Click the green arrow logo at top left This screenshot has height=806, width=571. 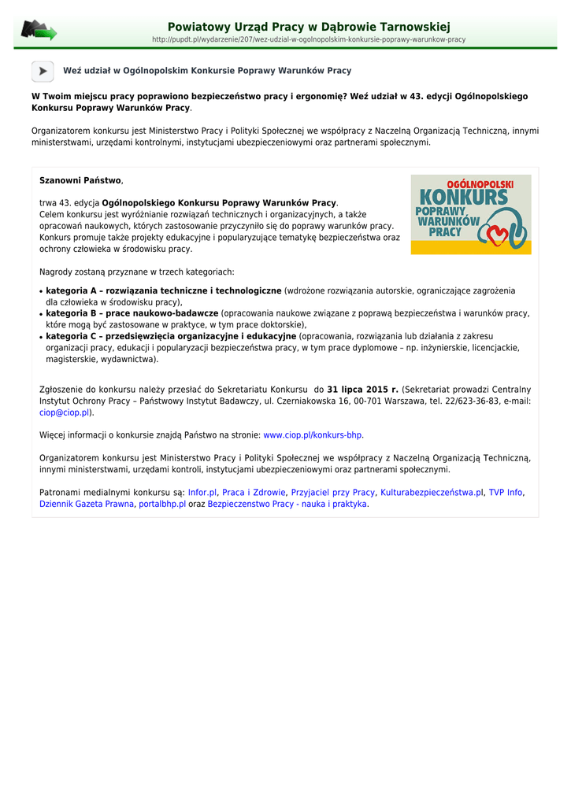point(39,31)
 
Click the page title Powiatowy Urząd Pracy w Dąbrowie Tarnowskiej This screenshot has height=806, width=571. point(309,28)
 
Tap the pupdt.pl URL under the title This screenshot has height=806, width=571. point(308,39)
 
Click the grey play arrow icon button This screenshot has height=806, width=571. point(43,71)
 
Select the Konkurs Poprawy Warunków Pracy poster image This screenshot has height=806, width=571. point(471,214)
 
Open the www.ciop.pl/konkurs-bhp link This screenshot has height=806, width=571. point(313,435)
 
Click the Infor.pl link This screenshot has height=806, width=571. point(202,493)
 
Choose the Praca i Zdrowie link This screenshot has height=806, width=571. point(254,493)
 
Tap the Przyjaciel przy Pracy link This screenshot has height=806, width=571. point(332,493)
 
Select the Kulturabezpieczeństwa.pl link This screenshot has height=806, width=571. point(432,493)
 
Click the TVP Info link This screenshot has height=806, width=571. point(506,493)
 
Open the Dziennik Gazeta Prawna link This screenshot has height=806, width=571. point(87,505)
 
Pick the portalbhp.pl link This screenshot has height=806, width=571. point(162,505)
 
